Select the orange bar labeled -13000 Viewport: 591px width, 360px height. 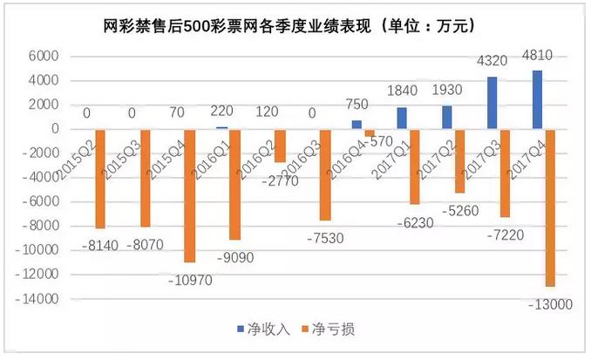pyautogui.click(x=551, y=207)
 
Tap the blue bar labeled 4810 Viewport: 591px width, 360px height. pyautogui.click(x=538, y=99)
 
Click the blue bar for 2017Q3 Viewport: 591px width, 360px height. pyautogui.click(x=492, y=103)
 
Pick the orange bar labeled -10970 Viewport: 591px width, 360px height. pyautogui.click(x=190, y=196)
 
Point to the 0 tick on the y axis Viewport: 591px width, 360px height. pyautogui.click(x=52, y=129)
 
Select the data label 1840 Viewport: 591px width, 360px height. pyautogui.click(x=399, y=93)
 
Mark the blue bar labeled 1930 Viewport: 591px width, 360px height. pyautogui.click(x=446, y=118)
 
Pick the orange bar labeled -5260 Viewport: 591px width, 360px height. pyautogui.click(x=459, y=161)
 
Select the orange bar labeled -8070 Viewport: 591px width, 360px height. pyautogui.click(x=145, y=179)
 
